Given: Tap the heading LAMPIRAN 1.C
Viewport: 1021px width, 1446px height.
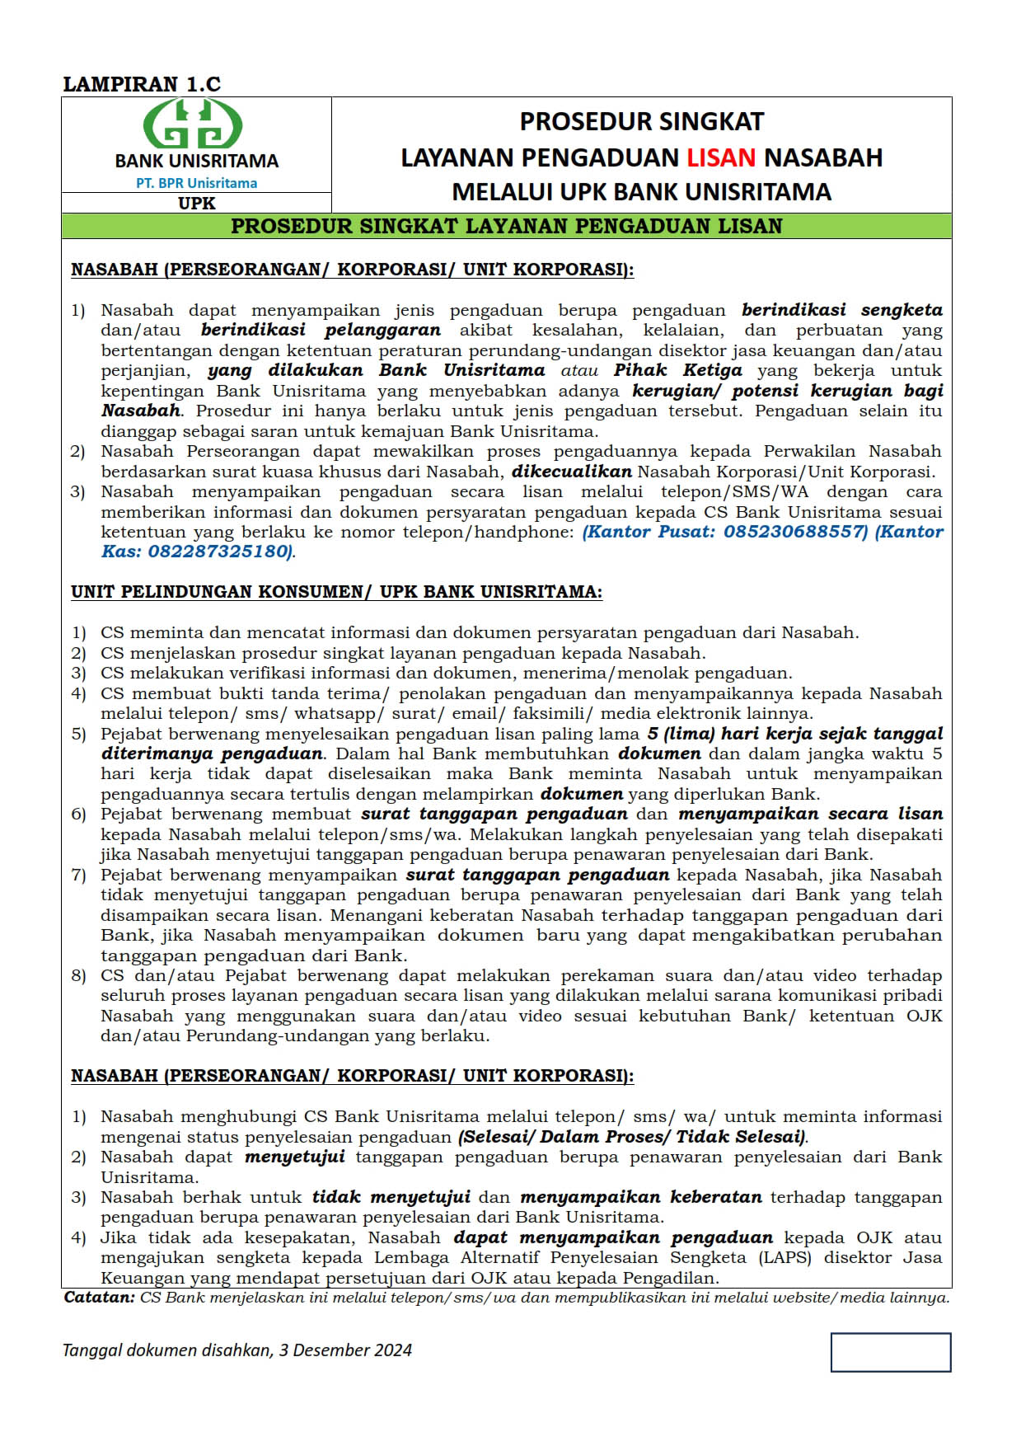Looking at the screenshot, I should point(142,84).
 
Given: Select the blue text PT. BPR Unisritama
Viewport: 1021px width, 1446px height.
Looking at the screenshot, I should point(196,183).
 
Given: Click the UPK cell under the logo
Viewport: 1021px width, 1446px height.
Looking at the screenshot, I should point(196,203).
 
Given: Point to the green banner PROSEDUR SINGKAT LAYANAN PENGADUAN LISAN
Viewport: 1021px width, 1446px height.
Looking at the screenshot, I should point(506,227).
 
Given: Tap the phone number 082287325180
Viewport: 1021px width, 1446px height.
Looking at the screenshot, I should point(218,552).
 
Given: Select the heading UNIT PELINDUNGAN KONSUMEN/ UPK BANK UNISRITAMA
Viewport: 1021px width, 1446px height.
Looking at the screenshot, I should point(336,592).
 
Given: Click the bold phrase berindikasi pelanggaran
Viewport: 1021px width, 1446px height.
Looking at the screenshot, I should point(321,331).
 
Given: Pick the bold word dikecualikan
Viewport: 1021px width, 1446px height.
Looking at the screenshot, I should point(571,472).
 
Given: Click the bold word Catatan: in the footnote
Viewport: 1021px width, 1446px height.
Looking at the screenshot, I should point(99,1298).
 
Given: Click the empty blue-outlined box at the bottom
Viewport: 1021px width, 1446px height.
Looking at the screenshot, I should point(890,1352).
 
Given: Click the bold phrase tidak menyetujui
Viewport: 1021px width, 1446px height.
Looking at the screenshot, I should point(391,1197).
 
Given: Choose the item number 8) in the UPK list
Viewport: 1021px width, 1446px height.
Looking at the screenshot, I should point(78,976).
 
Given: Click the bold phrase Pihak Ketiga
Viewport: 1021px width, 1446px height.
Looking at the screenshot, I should point(677,371).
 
